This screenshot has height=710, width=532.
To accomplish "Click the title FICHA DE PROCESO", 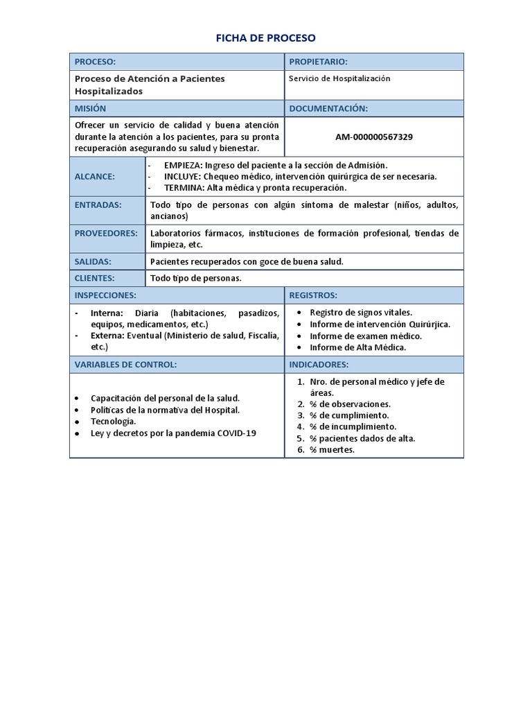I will [266, 37].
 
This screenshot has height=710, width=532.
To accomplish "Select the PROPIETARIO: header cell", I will [318, 62].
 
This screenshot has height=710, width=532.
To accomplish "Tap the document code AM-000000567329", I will [374, 137].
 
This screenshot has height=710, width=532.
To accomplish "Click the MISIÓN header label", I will [91, 109].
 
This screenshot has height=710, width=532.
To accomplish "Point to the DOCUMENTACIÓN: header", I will [328, 109].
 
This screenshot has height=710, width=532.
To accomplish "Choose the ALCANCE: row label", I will [95, 176].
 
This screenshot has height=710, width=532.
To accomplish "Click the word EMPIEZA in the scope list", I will [183, 165].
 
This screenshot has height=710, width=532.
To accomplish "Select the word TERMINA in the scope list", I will [183, 188].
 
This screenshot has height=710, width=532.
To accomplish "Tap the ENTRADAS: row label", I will [98, 205].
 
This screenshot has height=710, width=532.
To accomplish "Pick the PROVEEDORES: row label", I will [106, 233].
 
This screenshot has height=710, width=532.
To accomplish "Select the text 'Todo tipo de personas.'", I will [195, 278].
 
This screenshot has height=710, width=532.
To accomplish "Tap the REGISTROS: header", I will [313, 295].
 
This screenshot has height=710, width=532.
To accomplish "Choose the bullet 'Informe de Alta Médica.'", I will [358, 347].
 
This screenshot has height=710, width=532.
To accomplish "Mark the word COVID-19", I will [236, 433].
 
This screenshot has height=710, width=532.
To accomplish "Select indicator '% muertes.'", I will [332, 450].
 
